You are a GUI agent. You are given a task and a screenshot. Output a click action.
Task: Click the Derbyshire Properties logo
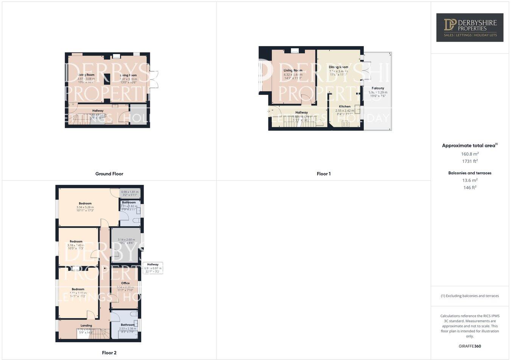[x=470, y=27]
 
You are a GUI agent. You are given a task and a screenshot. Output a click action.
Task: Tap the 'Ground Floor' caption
[x=109, y=174]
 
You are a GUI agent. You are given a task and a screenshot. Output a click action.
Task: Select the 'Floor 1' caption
[x=324, y=174]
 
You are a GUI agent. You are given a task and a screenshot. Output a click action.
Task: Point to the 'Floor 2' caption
[x=109, y=353]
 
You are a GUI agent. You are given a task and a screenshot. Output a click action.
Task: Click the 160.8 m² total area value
[x=470, y=154]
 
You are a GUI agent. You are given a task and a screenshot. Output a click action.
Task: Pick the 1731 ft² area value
[x=470, y=161]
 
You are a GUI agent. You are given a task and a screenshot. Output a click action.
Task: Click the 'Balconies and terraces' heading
[x=470, y=173]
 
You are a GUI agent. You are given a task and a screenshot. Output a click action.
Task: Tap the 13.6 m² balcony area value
[x=470, y=180]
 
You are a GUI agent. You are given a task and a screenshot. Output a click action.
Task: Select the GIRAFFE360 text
[x=470, y=346]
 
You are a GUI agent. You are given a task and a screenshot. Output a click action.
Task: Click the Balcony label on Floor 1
[x=378, y=88]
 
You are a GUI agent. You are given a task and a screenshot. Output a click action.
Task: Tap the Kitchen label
[x=344, y=106]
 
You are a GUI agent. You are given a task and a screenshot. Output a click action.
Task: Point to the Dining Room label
[x=338, y=67]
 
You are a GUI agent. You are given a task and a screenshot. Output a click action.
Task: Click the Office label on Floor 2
[x=125, y=283]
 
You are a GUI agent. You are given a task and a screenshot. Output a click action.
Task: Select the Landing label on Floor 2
[x=86, y=325]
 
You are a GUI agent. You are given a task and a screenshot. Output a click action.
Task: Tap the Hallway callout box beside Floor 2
[x=153, y=268]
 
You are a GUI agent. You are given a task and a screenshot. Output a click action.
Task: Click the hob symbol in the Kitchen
[x=346, y=124]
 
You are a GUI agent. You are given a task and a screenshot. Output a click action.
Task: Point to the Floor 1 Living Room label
[x=293, y=70]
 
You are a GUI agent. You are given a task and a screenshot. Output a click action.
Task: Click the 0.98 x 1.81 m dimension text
[x=130, y=192]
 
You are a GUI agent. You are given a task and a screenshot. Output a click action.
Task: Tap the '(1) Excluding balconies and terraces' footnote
[x=470, y=296]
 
